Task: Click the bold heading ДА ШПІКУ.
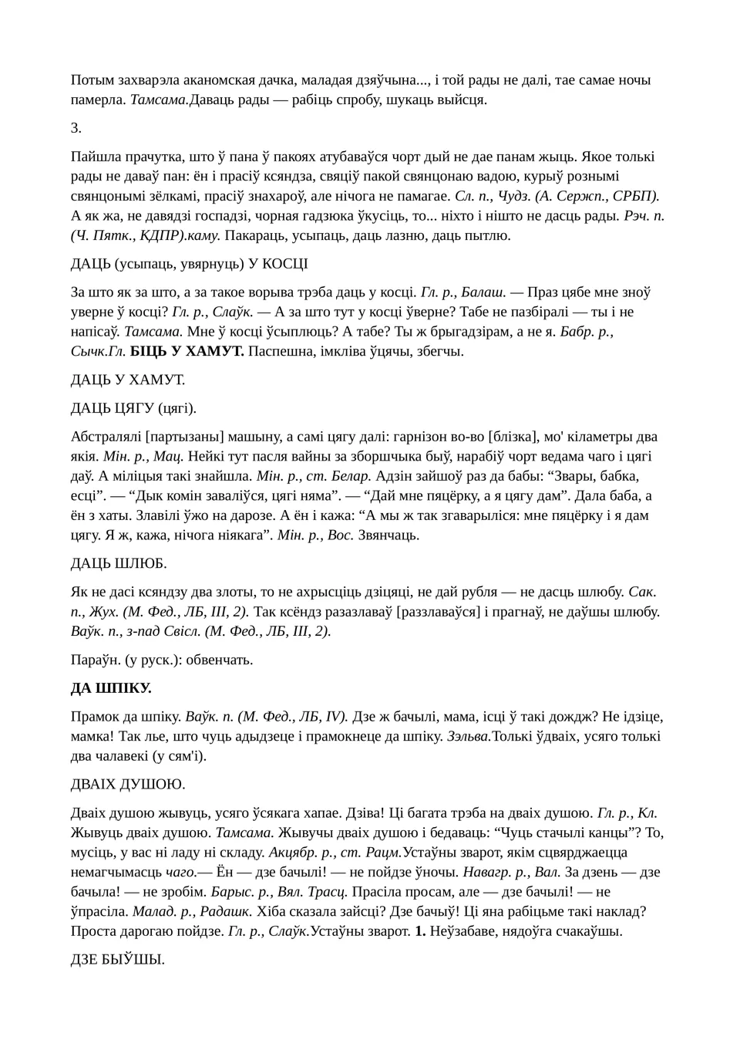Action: click(111, 687)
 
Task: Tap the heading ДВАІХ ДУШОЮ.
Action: click(128, 784)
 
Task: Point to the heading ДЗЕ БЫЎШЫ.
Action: click(117, 960)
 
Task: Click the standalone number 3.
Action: click(76, 128)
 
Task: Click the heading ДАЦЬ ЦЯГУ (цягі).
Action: click(133, 408)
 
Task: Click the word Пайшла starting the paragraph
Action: click(94, 157)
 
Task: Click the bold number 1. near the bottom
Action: click(420, 931)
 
